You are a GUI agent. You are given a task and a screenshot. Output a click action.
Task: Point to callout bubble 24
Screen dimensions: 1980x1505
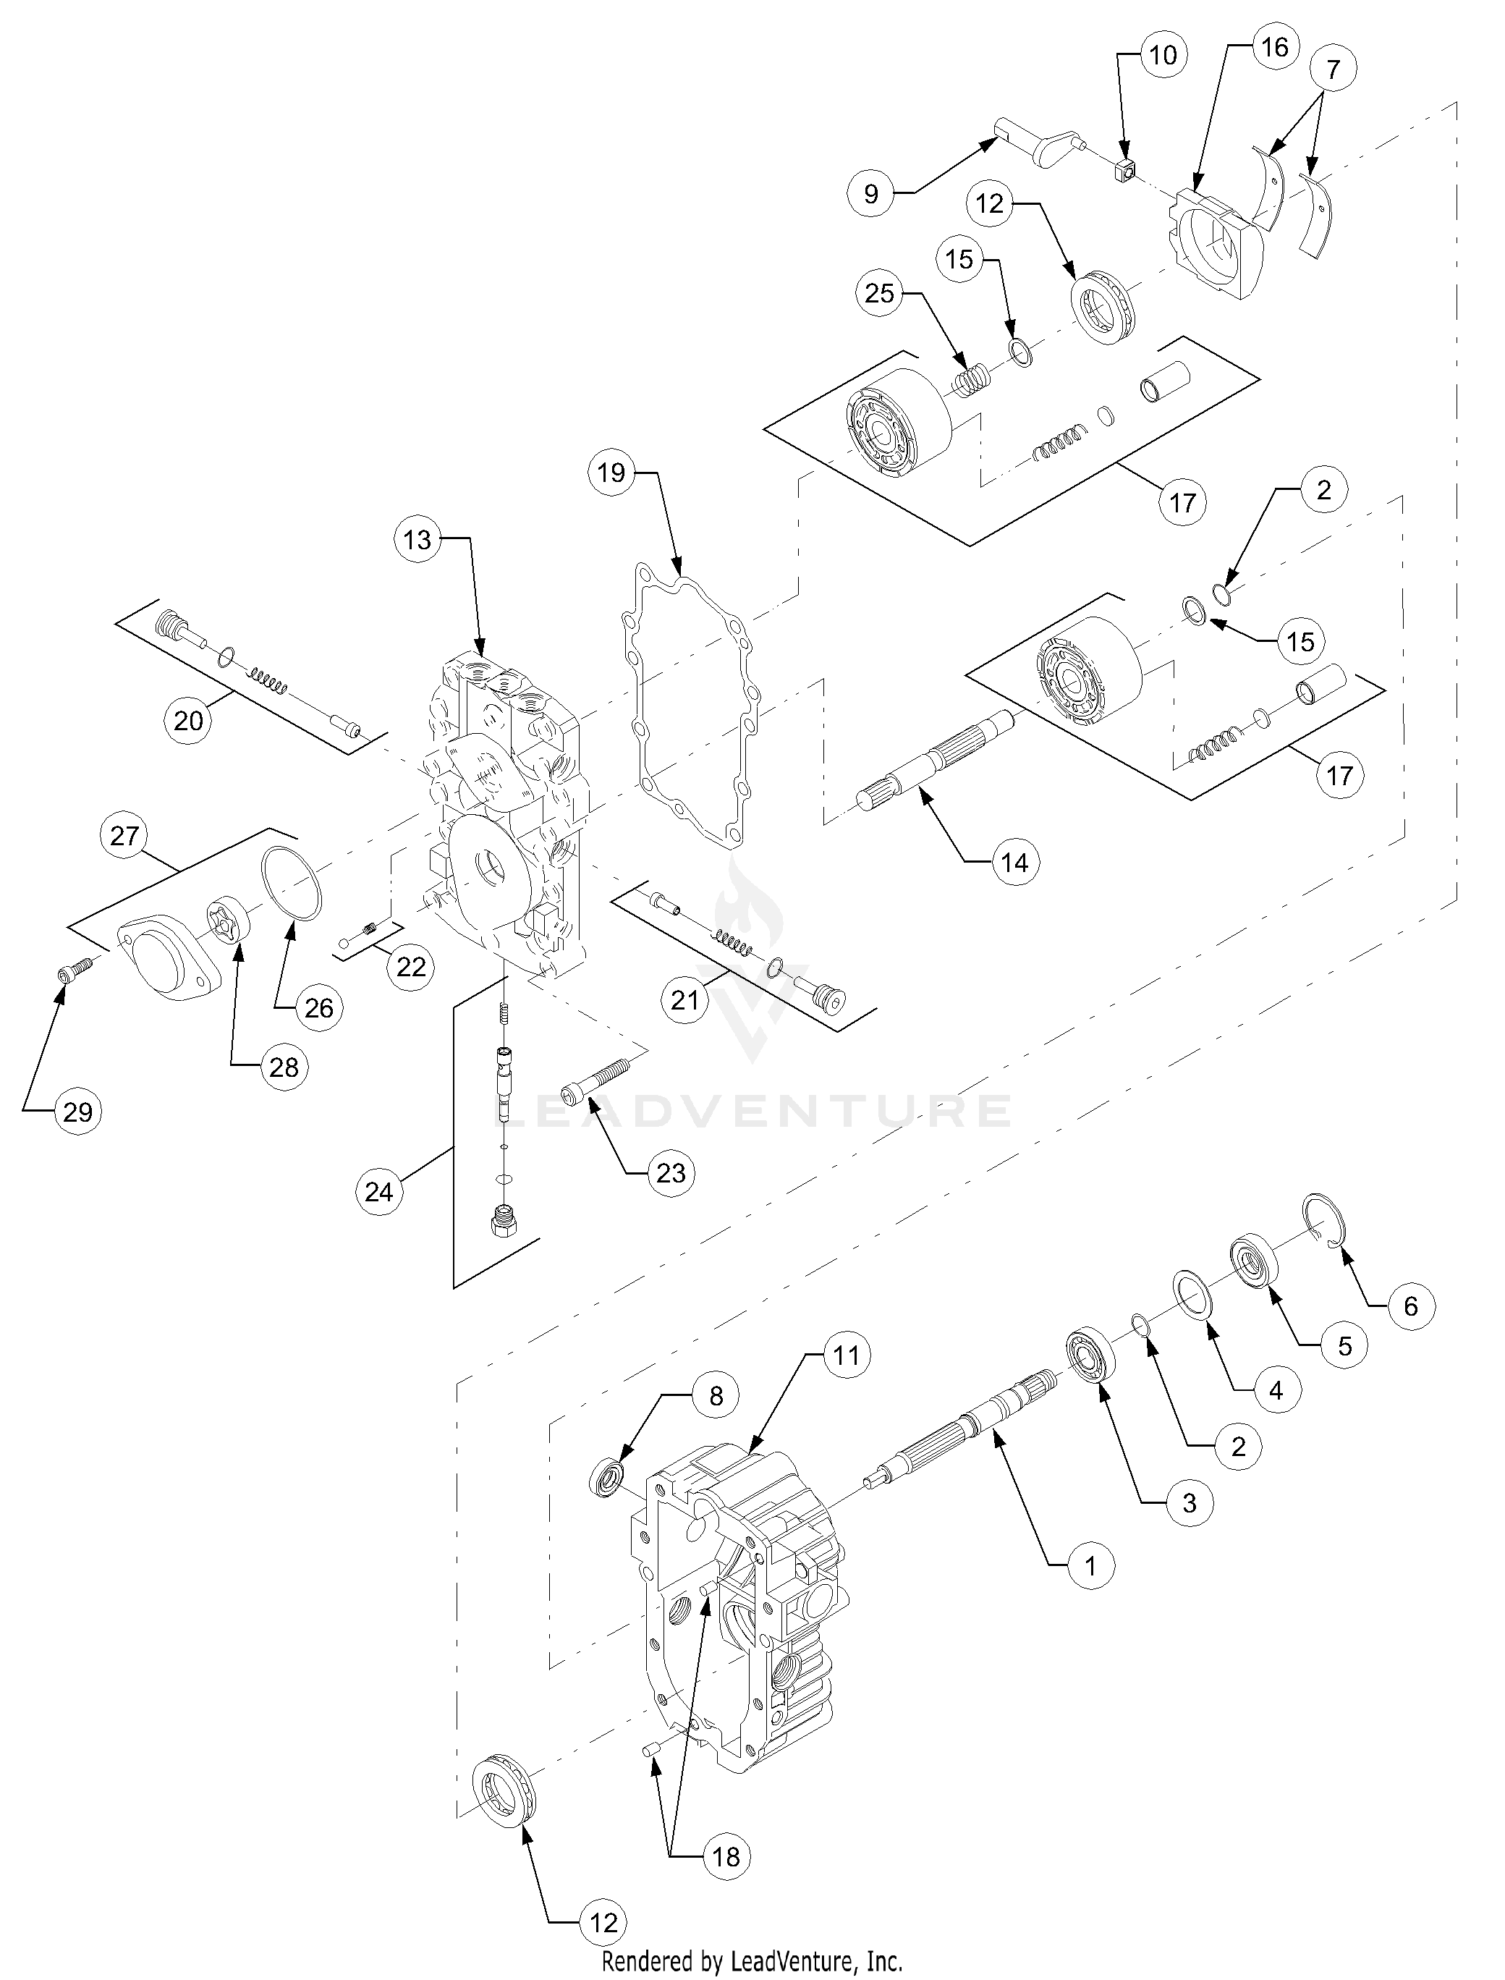click(x=379, y=1192)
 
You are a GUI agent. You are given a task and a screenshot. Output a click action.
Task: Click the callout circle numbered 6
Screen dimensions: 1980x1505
click(x=1411, y=1306)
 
